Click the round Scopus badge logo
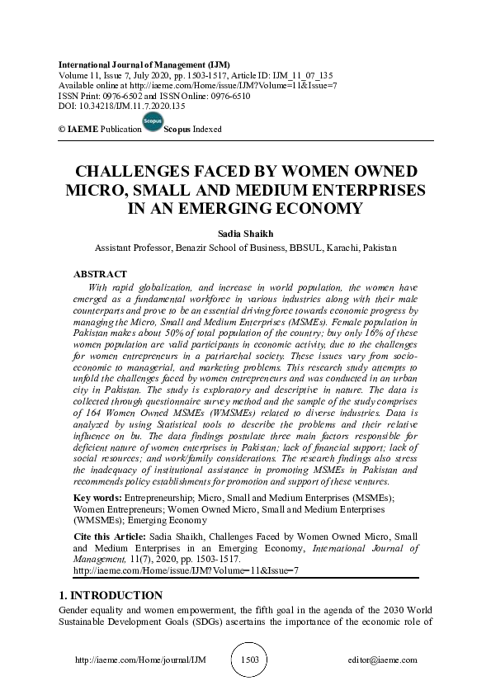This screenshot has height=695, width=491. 151,122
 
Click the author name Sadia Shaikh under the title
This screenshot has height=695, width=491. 245,234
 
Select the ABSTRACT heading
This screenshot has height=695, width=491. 100,273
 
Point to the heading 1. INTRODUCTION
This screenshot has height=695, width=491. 111,595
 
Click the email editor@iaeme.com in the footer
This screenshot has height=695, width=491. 384,660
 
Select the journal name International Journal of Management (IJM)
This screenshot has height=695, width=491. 144,64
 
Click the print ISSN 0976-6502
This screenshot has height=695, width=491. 119,94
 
